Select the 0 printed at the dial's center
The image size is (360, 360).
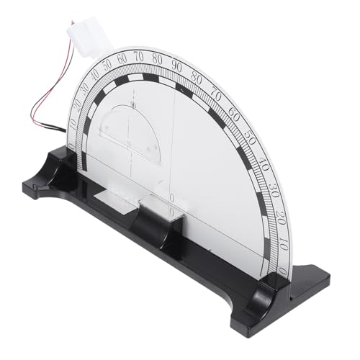(x=171, y=197)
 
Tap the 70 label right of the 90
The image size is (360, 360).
(x=217, y=93)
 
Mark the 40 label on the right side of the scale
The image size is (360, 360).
(x=264, y=163)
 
